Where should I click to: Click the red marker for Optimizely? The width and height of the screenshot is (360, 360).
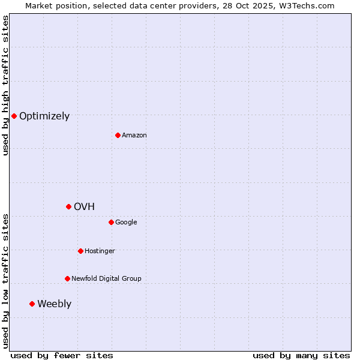coord(14,116)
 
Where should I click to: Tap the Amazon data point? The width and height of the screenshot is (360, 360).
coord(118,135)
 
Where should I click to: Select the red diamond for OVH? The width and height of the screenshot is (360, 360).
coord(68,206)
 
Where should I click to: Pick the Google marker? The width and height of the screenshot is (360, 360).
coord(111,222)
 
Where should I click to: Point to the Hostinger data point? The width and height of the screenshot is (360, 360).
coord(80,251)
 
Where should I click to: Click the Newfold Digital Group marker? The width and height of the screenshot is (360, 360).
coord(67,278)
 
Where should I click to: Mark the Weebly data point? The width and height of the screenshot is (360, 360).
coord(32,304)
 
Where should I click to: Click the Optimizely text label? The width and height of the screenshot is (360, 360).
coord(44,116)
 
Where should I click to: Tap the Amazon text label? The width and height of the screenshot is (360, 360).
coord(134,136)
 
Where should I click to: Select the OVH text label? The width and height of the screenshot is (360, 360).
coord(85,207)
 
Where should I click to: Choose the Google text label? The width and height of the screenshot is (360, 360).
coord(126,223)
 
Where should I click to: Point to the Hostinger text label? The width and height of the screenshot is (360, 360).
coord(100,251)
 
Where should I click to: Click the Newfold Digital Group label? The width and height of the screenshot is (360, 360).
coord(106,279)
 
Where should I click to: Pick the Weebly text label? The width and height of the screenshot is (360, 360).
coord(54,304)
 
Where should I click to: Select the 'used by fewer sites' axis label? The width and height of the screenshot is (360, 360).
coord(62,355)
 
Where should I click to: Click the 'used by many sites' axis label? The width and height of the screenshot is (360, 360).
coord(301,355)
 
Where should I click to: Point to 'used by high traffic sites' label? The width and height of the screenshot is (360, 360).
coord(5,85)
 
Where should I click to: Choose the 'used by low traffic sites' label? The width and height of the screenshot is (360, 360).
coord(5,281)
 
